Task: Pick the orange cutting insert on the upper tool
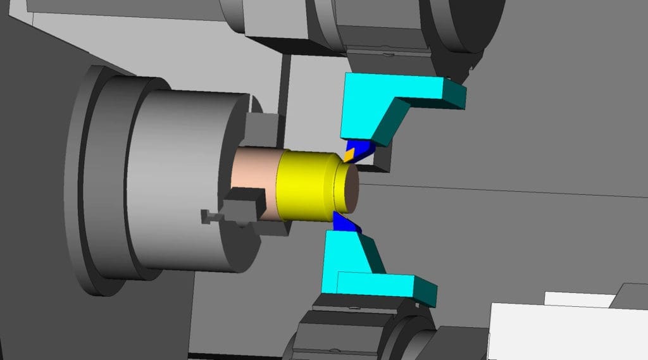click(x=350, y=154)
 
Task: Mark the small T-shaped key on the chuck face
click(x=208, y=216)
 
